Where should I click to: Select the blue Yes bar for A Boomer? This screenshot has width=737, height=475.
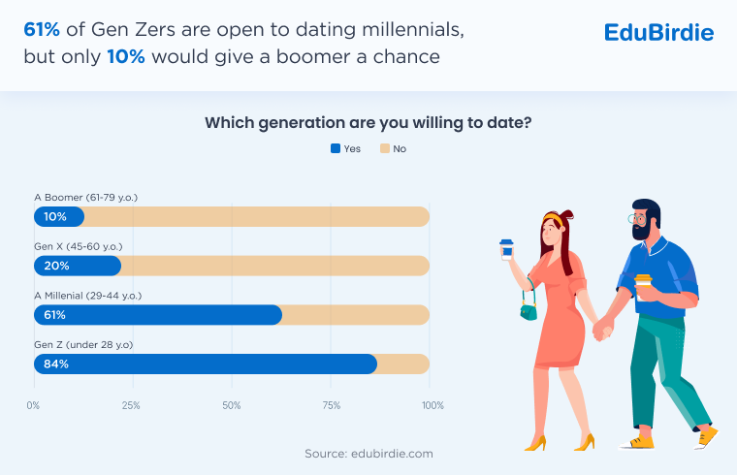[59, 217]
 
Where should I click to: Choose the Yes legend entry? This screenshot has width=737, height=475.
[345, 148]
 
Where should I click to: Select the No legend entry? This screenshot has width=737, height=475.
[393, 148]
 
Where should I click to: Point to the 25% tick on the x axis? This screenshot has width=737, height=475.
[131, 405]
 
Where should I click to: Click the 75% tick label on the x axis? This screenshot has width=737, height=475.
[332, 405]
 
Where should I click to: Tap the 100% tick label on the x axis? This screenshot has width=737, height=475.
[432, 405]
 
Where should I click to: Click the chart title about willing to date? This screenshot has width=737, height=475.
[368, 123]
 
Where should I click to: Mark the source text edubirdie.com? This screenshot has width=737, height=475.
[368, 453]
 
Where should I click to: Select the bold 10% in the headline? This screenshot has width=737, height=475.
[125, 56]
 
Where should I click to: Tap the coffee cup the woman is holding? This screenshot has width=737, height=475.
[506, 249]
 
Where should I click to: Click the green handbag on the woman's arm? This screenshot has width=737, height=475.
[529, 311]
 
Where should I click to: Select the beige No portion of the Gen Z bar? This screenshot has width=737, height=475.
[402, 364]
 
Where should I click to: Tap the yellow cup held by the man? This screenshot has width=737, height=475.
[643, 282]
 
